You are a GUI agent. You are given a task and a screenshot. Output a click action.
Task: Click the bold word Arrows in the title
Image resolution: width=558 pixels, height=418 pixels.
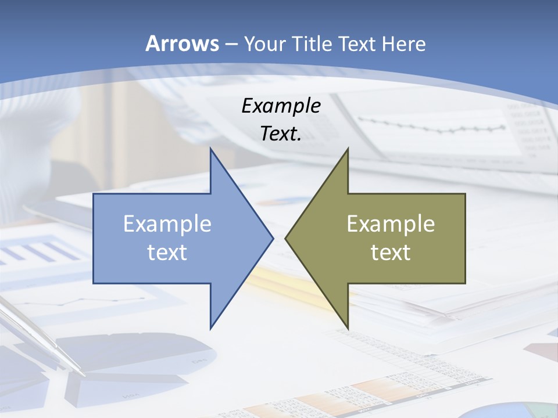pos(182,44)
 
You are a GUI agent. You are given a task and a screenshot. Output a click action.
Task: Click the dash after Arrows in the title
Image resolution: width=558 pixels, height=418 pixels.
pos(231,44)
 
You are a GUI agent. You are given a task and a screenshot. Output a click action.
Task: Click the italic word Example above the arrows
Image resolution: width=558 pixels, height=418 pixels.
pos(281,106)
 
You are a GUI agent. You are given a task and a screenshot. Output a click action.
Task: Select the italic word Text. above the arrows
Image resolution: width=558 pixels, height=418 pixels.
pos(281,134)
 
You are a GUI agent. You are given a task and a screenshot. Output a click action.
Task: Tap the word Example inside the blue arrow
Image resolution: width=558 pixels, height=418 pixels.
pos(167,224)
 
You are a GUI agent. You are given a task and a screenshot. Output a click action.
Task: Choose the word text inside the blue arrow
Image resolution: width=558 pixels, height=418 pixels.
pos(167,252)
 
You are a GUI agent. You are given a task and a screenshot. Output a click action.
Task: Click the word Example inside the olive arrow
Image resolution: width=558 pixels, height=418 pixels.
pos(391,224)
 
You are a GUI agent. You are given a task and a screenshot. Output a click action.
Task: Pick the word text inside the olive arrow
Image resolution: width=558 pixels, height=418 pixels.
pos(391,252)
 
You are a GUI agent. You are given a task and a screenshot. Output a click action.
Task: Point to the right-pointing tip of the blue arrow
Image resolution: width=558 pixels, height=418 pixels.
pos(273,238)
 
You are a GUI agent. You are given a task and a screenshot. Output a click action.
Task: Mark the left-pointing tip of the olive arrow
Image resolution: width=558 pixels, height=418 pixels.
pos(285,238)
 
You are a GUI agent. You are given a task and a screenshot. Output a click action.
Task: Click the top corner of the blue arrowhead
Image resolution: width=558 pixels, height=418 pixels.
pos(210,149)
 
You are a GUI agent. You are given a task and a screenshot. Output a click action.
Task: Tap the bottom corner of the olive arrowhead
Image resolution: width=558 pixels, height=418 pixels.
pos(348,328)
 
